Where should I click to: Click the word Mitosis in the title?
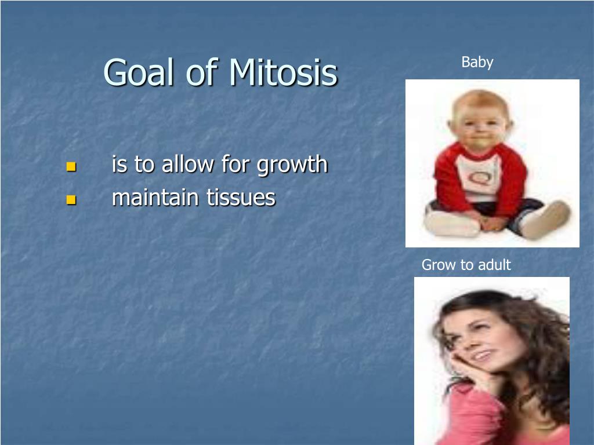pyautogui.click(x=283, y=72)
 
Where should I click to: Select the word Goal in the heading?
pyautogui.click(x=139, y=72)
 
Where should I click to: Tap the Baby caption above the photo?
pyautogui.click(x=477, y=62)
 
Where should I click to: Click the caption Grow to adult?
pyautogui.click(x=466, y=264)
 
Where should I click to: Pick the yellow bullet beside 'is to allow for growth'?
pyautogui.click(x=71, y=166)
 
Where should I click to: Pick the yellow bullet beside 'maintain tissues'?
pyautogui.click(x=71, y=199)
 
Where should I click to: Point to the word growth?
pyautogui.click(x=292, y=165)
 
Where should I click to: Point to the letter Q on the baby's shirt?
pyautogui.click(x=480, y=178)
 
